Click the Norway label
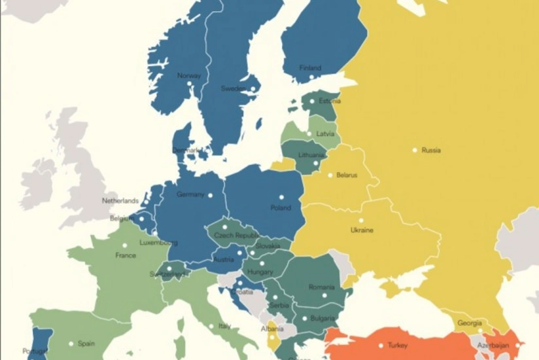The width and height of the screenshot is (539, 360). pos(189,75)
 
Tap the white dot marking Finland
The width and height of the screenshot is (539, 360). pos(311,77)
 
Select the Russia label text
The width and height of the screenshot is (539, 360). pos(431,150)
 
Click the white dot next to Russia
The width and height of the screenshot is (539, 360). pos(415,150)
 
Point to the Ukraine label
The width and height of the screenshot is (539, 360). pos(362,230)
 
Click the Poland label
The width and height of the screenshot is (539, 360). pos(281,208)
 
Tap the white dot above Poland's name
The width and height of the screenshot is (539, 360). pos(282,197)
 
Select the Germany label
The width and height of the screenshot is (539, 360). pos(190,194)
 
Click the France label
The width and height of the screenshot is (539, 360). pos(126,255)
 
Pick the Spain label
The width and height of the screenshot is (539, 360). pos(86,344)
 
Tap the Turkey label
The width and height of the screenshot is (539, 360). pos(397,345)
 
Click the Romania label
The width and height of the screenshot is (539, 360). pos(321,287)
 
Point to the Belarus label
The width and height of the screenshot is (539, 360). pos(347,175)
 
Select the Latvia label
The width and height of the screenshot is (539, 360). pos(325,134)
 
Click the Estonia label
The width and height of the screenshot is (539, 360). pos(330,101)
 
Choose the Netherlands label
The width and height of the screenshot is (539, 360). pos(120,201)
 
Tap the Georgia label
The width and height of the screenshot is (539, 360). pos(470,323)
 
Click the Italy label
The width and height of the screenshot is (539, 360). pos(224,326)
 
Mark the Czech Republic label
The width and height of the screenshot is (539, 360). pos(237,235)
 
